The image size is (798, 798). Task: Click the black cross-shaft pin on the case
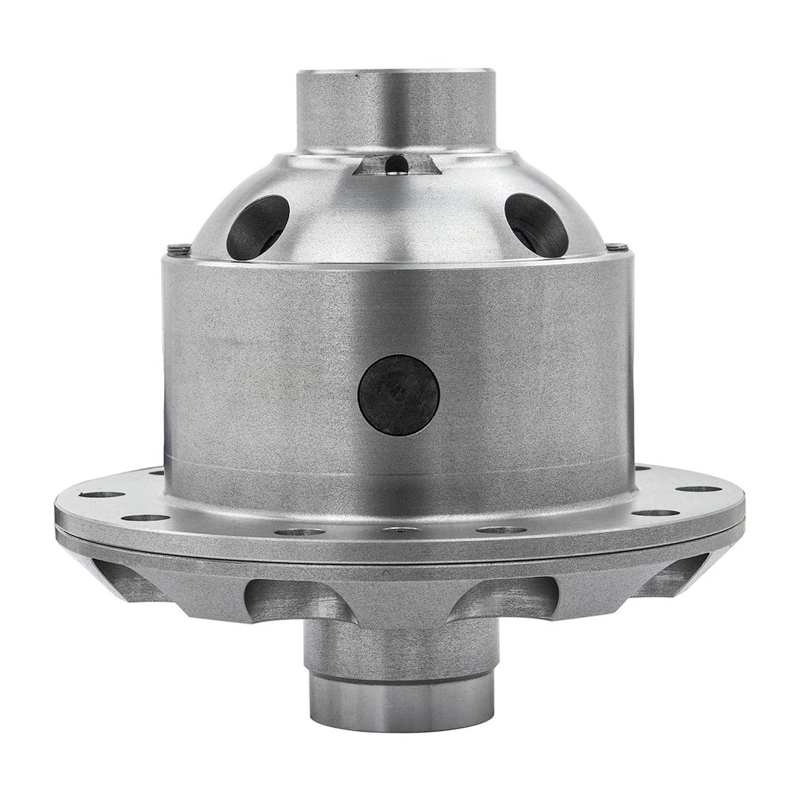click(398, 394)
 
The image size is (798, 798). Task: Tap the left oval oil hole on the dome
click(257, 226)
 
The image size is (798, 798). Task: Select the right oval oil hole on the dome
click(537, 225)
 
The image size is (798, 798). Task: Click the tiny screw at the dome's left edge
click(172, 248)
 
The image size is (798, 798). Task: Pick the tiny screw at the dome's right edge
click(621, 247)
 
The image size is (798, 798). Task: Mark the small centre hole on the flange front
click(398, 529)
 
